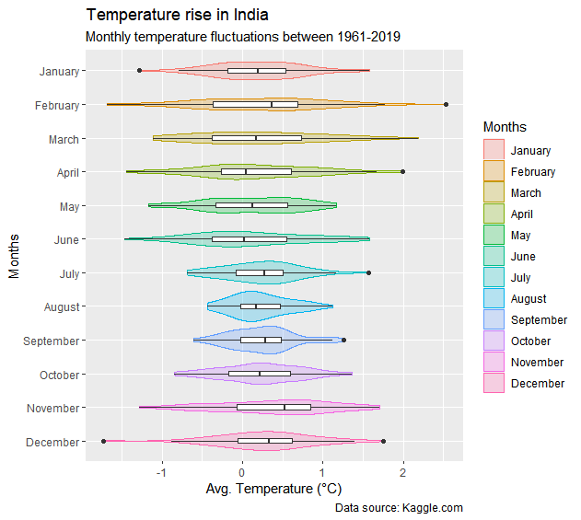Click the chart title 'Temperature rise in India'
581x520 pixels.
click(178, 16)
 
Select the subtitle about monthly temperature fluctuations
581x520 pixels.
click(242, 38)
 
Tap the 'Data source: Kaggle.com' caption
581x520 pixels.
click(399, 508)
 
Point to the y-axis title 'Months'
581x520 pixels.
click(14, 255)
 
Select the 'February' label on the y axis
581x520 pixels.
click(56, 106)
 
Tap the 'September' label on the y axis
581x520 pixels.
click(53, 341)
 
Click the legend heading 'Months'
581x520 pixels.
click(505, 126)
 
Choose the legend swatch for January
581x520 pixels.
click(494, 150)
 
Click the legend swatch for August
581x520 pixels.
click(494, 298)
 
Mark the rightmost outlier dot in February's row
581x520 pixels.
click(447, 105)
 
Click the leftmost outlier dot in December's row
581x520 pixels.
click(103, 442)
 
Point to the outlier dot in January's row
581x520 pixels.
click(139, 71)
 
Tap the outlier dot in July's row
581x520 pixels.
click(368, 272)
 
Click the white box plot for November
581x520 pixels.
click(273, 408)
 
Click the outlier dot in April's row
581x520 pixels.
click(403, 171)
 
